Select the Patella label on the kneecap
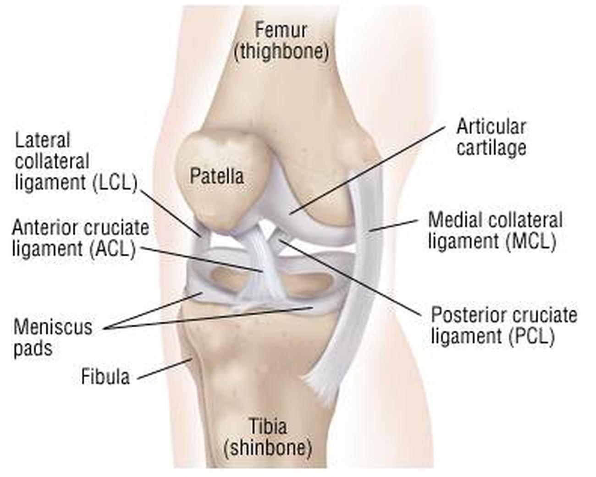[x=216, y=176]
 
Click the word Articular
[x=491, y=127]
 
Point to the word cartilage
[x=491, y=148]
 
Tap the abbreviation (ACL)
[x=113, y=249]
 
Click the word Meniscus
[x=53, y=327]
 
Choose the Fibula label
[x=105, y=377]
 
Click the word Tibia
[x=268, y=426]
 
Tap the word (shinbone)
[x=268, y=448]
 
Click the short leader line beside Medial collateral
[x=394, y=225]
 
